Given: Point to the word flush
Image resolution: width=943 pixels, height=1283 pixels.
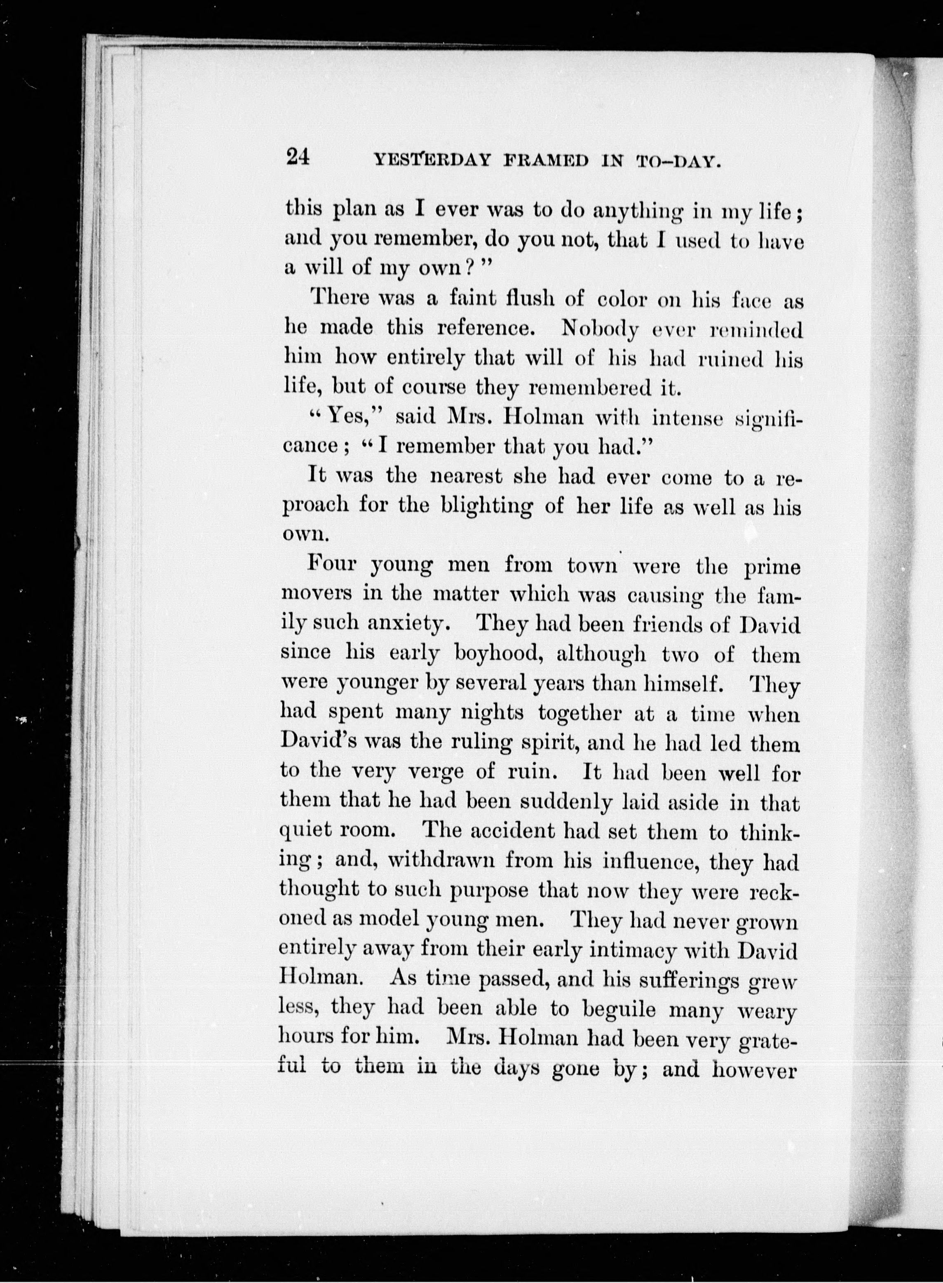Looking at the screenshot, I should pyautogui.click(x=521, y=298).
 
